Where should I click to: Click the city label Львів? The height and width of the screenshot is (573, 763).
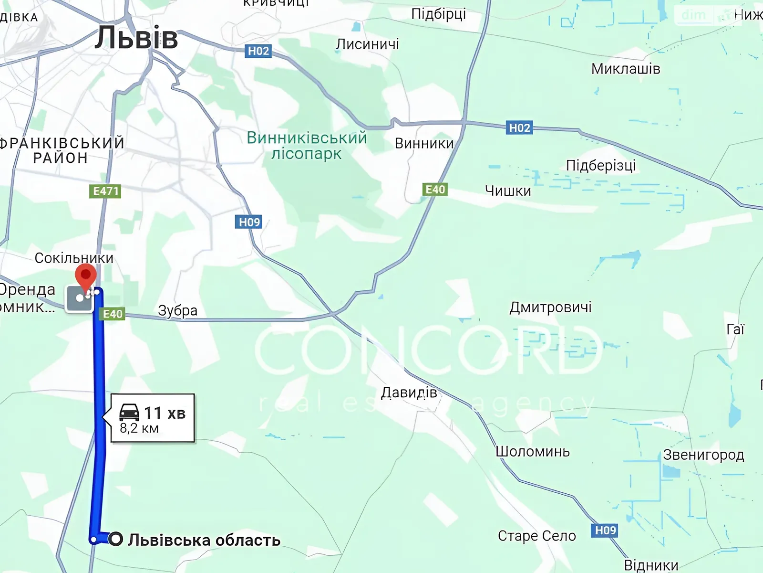(x=136, y=38)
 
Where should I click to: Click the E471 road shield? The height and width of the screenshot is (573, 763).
(x=105, y=191)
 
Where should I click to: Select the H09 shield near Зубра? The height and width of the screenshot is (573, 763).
(x=249, y=222)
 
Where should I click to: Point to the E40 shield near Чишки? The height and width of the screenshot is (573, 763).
(x=435, y=190)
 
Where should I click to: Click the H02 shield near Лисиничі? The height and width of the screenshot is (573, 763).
(x=258, y=51)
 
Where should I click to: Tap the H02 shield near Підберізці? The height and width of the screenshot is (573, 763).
(x=519, y=128)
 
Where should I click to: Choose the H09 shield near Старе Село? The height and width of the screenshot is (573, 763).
(x=606, y=531)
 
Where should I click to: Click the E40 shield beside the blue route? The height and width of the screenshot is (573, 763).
(x=113, y=314)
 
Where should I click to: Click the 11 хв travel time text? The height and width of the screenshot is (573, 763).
(x=165, y=413)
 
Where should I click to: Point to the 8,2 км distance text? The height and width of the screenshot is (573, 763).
(x=139, y=428)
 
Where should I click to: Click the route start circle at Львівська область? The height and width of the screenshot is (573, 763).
(x=115, y=540)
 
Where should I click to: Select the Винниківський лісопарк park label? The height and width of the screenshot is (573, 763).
(x=307, y=146)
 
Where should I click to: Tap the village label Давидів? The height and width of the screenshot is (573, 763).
(x=409, y=393)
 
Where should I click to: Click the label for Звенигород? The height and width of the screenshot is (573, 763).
(x=703, y=455)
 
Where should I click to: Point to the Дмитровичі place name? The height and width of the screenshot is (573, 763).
(x=550, y=307)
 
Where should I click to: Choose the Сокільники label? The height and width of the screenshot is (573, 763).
(x=74, y=258)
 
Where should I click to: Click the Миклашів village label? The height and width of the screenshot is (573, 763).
(x=626, y=69)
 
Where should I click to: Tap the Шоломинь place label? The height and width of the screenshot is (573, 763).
(x=533, y=452)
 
